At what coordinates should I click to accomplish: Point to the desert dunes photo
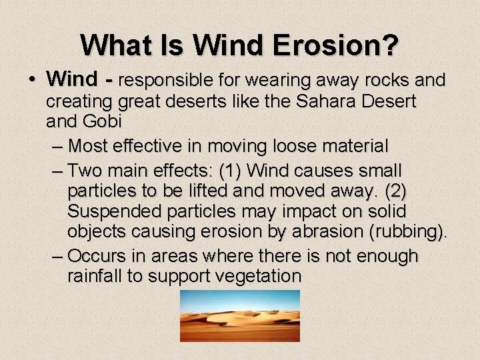(240, 315)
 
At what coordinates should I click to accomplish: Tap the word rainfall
(97, 277)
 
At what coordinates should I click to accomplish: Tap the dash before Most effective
(57, 145)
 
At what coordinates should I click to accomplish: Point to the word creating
(79, 102)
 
